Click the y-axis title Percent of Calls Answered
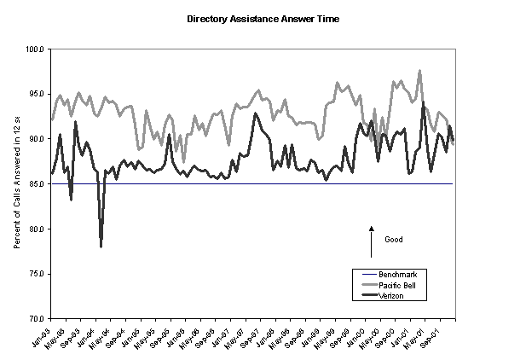point(17,183)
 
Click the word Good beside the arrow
point(393,239)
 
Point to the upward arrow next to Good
point(372,241)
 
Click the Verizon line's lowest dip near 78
point(101,246)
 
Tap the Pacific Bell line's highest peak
point(419,71)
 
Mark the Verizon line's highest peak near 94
point(424,103)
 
